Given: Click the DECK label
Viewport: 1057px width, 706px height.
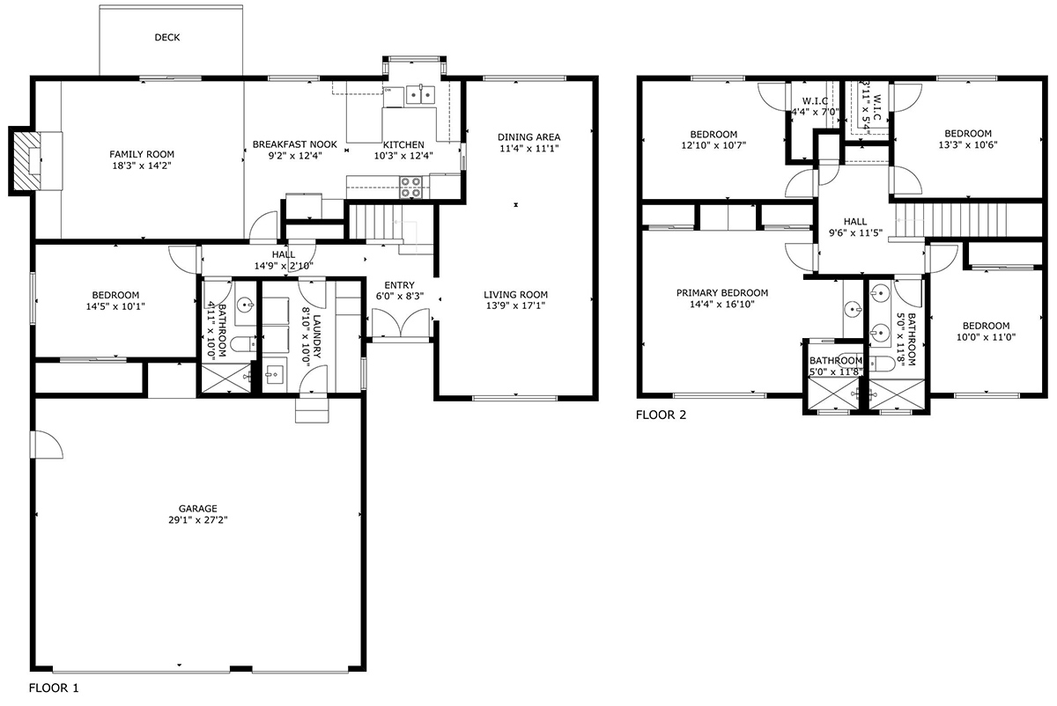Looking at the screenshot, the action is click(x=167, y=37).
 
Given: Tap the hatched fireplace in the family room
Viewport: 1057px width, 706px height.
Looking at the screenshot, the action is click(x=26, y=160).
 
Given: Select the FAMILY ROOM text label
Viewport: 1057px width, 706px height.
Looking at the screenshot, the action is click(x=142, y=154).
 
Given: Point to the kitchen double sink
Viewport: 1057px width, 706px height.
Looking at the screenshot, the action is click(x=420, y=95).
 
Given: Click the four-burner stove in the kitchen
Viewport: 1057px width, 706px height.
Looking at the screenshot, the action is click(x=410, y=188).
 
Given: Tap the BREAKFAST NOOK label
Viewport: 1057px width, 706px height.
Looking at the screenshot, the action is click(x=295, y=144).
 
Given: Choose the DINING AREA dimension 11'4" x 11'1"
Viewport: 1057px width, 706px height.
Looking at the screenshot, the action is click(x=529, y=149).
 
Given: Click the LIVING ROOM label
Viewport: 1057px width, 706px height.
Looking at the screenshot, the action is click(x=516, y=295).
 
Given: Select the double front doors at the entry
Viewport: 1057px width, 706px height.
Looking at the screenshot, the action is click(x=401, y=324).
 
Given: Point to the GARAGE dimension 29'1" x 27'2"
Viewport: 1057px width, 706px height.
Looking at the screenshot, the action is click(x=197, y=519).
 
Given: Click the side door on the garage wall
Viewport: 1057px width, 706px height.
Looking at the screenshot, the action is click(x=46, y=445).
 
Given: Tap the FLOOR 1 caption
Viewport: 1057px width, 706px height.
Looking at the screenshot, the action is click(x=54, y=688).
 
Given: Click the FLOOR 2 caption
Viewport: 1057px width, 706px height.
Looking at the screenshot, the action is click(x=661, y=415).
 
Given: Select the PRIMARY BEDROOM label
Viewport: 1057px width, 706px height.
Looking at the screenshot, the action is click(x=722, y=293).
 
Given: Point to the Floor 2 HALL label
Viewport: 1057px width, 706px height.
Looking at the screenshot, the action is click(x=855, y=222).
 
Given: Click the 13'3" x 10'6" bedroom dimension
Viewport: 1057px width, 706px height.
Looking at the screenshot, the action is click(x=968, y=144).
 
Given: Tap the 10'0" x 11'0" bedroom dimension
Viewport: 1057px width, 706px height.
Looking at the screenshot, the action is click(x=986, y=337).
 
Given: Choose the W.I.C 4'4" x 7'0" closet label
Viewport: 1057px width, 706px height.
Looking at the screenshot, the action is click(x=815, y=107).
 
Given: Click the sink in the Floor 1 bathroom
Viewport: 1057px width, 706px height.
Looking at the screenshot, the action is click(x=246, y=304).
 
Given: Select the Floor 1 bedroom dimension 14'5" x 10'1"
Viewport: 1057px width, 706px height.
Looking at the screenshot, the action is click(x=115, y=306).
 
